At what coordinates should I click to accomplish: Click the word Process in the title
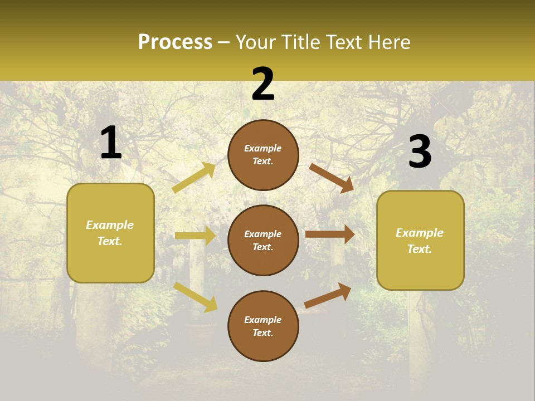175,42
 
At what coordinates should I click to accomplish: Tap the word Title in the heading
299,42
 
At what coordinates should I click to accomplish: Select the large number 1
111,143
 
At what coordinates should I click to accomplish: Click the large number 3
420,152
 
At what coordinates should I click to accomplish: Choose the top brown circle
263,155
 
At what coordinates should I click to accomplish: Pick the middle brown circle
263,240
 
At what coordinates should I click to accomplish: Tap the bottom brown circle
263,326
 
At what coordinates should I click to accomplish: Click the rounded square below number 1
110,233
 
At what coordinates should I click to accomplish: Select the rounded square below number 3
420,240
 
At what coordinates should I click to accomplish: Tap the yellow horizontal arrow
195,236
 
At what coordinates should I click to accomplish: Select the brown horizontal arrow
330,234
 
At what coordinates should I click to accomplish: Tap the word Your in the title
254,42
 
